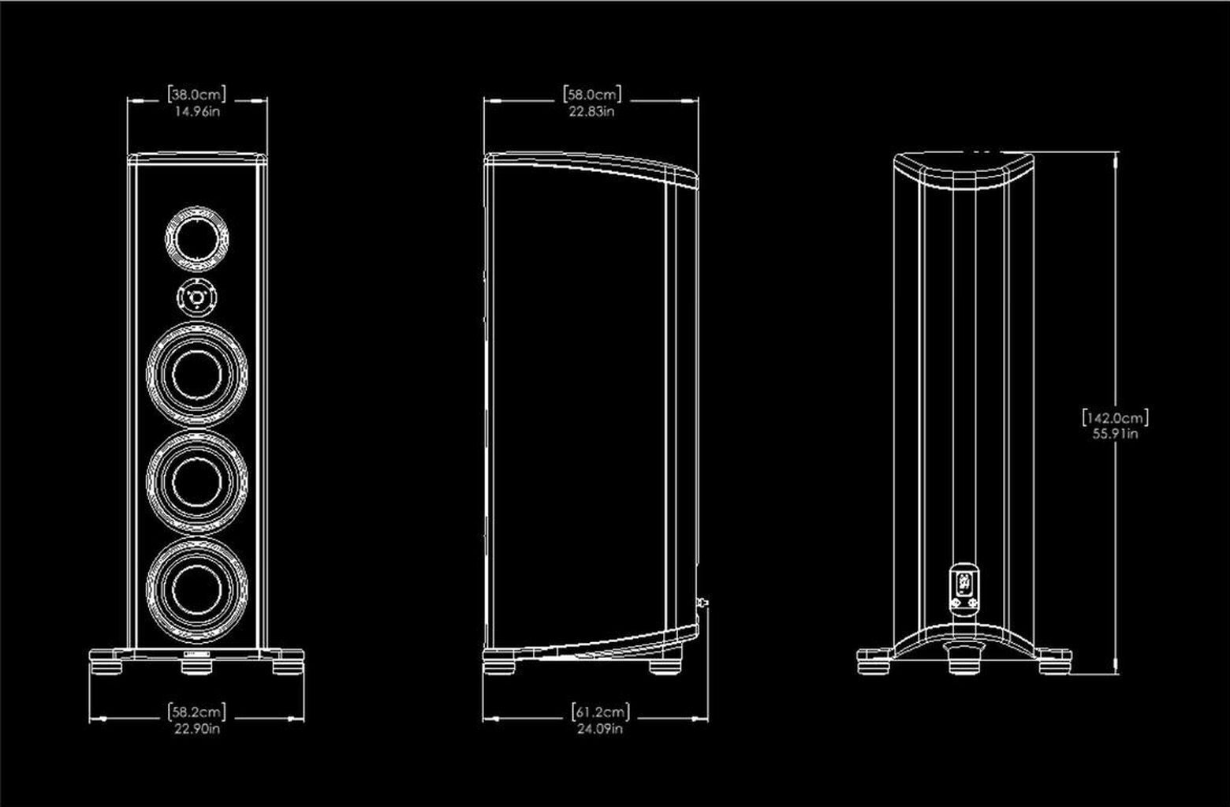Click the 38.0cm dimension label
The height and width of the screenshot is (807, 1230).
(x=196, y=95)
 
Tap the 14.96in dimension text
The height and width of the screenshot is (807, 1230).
(x=196, y=111)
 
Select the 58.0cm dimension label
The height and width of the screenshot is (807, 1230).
(x=591, y=95)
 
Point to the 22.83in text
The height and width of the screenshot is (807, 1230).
(x=591, y=111)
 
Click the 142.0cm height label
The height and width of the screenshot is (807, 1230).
(x=1115, y=417)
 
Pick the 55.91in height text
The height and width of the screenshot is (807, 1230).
(x=1115, y=433)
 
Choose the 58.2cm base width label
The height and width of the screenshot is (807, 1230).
(x=196, y=712)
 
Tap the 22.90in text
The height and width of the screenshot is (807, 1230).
(x=196, y=729)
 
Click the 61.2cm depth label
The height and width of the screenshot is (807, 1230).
(x=601, y=713)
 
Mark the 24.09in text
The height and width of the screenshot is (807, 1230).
(x=601, y=729)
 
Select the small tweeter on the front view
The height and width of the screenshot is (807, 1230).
(x=196, y=298)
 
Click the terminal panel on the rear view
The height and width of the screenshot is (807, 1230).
(x=963, y=587)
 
